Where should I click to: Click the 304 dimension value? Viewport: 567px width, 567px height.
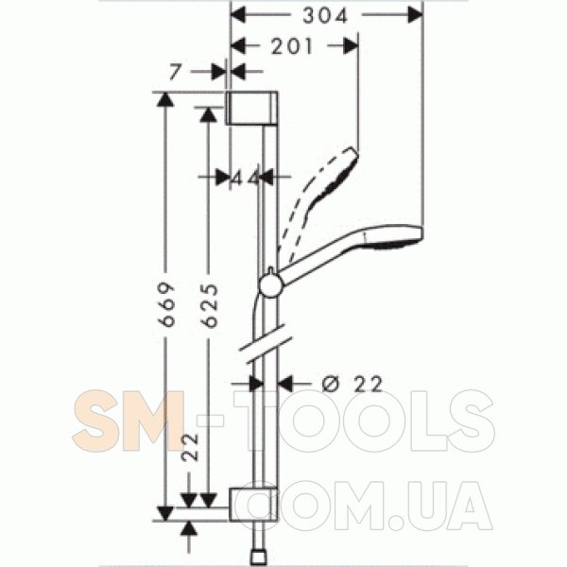325,16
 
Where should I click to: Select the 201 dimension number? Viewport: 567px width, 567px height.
291,46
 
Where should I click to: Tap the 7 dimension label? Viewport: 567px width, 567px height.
175,72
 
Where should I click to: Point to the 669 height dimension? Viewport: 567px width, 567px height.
167,305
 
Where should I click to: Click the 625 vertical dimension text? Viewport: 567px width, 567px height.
210,305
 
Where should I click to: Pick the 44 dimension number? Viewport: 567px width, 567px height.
245,178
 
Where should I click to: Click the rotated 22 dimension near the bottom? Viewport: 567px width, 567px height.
190,447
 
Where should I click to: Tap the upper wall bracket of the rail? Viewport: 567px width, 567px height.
252,108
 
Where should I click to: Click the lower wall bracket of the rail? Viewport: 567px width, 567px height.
253,505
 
